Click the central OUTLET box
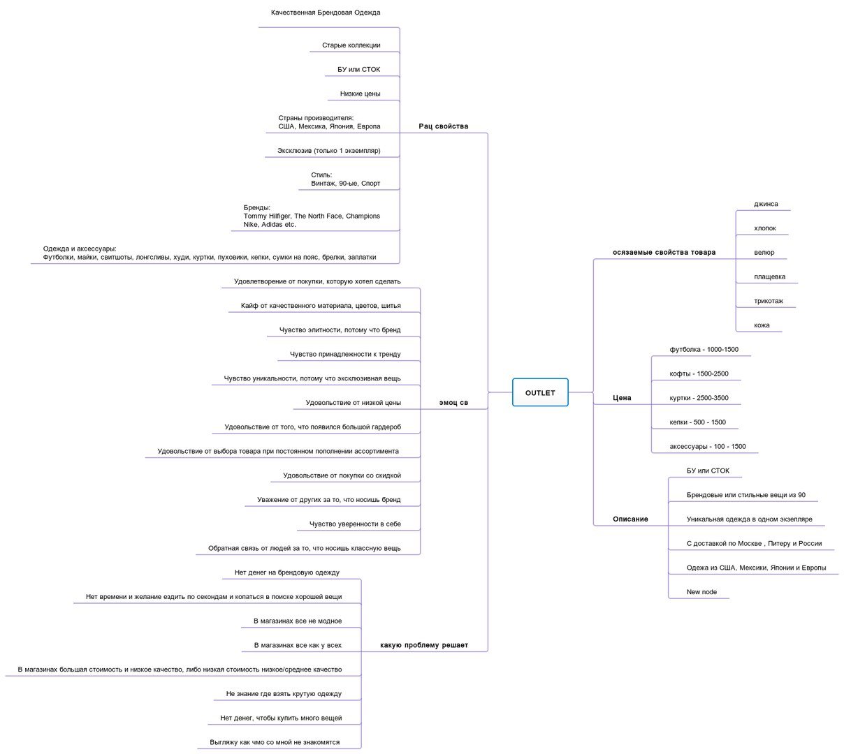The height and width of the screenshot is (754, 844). click(x=540, y=392)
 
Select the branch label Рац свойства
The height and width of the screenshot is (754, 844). click(x=443, y=126)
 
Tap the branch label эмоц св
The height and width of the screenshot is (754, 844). click(x=453, y=403)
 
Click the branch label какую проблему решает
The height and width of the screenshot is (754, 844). click(x=424, y=645)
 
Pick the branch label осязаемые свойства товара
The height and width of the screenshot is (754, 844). click(x=664, y=252)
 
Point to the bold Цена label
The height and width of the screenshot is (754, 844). click(x=622, y=398)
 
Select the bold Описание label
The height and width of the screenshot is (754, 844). click(x=630, y=519)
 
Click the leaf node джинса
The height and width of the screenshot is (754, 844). click(x=766, y=204)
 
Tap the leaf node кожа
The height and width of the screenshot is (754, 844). click(x=762, y=325)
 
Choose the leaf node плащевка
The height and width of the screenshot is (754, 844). click(x=769, y=277)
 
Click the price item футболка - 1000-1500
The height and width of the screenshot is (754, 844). click(x=704, y=349)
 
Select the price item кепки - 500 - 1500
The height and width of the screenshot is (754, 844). click(x=697, y=422)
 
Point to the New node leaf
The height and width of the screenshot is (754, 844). click(x=701, y=591)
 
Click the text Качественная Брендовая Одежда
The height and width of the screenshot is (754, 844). click(x=326, y=13)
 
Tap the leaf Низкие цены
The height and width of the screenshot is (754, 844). click(x=360, y=94)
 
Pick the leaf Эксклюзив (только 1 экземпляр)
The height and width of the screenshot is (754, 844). click(x=328, y=151)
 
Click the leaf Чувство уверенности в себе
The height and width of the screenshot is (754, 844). click(x=355, y=524)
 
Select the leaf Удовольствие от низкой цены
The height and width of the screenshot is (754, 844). click(x=354, y=403)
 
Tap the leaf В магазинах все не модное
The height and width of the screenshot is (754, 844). click(x=298, y=621)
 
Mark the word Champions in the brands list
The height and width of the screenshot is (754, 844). click(x=363, y=216)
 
